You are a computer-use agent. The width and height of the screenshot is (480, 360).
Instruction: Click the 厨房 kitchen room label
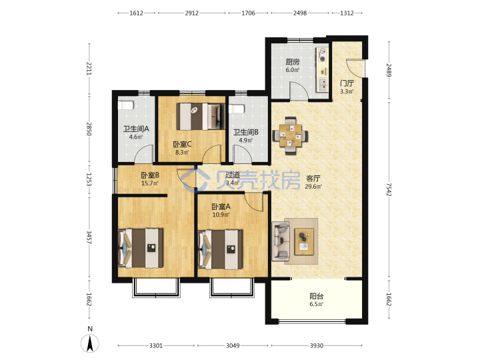[293, 62]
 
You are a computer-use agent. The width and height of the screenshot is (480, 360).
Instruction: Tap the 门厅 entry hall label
[347, 83]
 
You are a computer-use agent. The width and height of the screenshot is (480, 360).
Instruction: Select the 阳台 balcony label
[316, 296]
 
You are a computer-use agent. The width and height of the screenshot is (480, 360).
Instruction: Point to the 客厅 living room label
[313, 179]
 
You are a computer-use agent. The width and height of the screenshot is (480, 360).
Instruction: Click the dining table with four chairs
[290, 135]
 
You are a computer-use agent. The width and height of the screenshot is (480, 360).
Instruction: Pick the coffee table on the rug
[304, 241]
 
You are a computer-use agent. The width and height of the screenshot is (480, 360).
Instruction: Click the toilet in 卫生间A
[126, 105]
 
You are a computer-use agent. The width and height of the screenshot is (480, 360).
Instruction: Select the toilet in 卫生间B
[236, 109]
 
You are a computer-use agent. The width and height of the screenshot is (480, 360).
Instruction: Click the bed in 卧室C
[201, 116]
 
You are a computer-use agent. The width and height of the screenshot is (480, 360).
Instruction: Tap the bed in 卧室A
[221, 249]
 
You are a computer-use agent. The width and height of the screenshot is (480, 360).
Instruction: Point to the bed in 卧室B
[141, 248]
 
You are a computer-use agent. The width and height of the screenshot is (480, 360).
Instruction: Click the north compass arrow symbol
[90, 343]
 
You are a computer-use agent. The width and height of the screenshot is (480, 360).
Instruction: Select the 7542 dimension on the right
[389, 190]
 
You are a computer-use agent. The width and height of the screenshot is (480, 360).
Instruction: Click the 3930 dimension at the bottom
[317, 345]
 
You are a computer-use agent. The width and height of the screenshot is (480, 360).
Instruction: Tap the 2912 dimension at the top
[191, 13]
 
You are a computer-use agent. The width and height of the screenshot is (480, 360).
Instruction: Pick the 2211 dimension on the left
[89, 69]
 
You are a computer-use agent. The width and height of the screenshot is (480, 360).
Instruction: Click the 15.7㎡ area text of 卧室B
[150, 183]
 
